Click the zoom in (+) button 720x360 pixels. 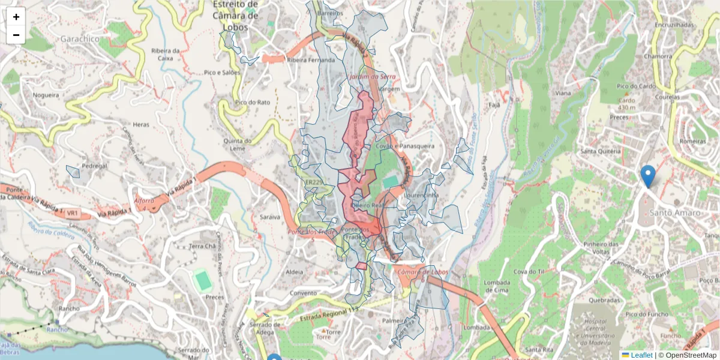(16, 17)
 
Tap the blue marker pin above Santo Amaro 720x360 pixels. (648, 175)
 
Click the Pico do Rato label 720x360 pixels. (253, 102)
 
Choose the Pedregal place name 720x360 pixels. (94, 166)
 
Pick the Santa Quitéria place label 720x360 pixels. (599, 152)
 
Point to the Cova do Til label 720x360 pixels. (532, 272)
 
